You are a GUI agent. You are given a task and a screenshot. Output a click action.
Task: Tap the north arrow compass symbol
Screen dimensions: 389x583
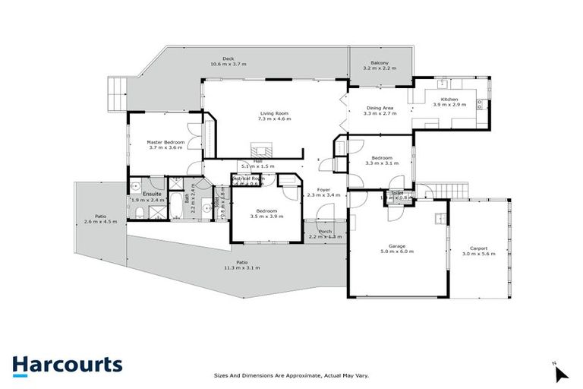point(560,374)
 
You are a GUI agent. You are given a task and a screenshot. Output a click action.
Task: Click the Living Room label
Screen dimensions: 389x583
point(273,112)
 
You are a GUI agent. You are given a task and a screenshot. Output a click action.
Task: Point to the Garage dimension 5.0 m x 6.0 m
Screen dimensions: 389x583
point(397,252)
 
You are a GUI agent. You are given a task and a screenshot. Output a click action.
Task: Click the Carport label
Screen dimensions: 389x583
point(478,247)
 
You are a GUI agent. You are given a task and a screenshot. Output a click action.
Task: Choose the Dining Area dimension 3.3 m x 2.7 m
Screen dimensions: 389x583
point(380,113)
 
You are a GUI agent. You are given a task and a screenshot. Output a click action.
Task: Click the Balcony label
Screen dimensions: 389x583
point(380,62)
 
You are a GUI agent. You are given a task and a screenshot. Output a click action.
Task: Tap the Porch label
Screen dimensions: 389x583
point(325,232)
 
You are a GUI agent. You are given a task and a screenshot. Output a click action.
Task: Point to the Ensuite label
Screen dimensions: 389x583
point(153,194)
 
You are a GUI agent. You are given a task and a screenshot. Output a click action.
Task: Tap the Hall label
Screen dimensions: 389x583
point(257,160)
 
